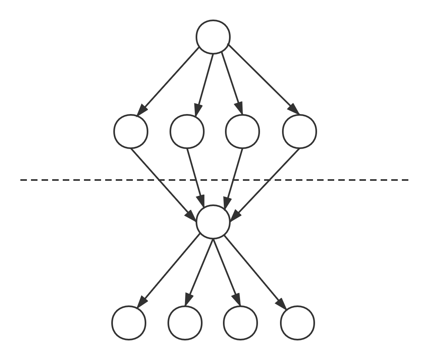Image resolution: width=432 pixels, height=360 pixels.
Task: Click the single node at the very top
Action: coord(213,37)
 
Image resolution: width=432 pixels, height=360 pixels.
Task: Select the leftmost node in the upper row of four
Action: coord(130,132)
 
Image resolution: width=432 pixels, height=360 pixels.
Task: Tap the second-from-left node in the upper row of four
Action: coord(187,132)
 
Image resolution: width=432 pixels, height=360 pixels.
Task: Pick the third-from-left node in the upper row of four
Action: coord(242,132)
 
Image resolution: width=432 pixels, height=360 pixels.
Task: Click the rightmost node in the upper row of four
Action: coord(299,132)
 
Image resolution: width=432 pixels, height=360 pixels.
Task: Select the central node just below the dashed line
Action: coord(213,222)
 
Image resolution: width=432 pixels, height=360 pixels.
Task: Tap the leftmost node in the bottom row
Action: coord(129,323)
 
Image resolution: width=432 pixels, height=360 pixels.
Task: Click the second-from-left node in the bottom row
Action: coord(185,323)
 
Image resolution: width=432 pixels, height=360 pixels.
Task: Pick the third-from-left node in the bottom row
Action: coord(240,323)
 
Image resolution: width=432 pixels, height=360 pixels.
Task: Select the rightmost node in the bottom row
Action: coord(298,323)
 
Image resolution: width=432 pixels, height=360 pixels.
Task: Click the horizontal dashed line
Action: coord(82,180)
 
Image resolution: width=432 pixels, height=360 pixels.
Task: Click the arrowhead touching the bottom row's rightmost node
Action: coord(281,304)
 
